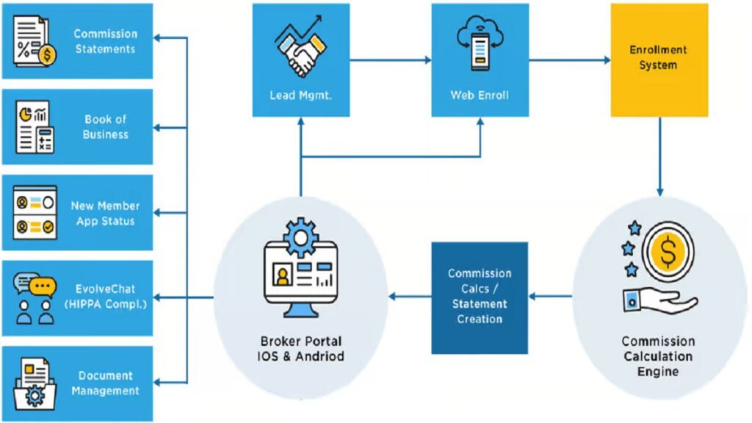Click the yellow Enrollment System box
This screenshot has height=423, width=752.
[x=659, y=59]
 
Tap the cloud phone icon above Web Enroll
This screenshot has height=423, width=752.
[x=480, y=46]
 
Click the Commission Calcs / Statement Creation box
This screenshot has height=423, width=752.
[x=479, y=296]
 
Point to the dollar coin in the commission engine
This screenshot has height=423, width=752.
[x=668, y=253]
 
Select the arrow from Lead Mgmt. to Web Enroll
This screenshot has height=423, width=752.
[x=389, y=59]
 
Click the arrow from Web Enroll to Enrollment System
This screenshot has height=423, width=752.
[x=569, y=59]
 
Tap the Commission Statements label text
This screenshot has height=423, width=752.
[x=105, y=41]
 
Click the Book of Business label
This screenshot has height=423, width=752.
[x=105, y=127]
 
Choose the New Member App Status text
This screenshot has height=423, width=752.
[x=105, y=213]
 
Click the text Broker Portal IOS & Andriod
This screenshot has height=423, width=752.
[x=301, y=349]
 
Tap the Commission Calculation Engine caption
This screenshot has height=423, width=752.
[x=658, y=356]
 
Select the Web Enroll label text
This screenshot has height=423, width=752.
[x=480, y=95]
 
